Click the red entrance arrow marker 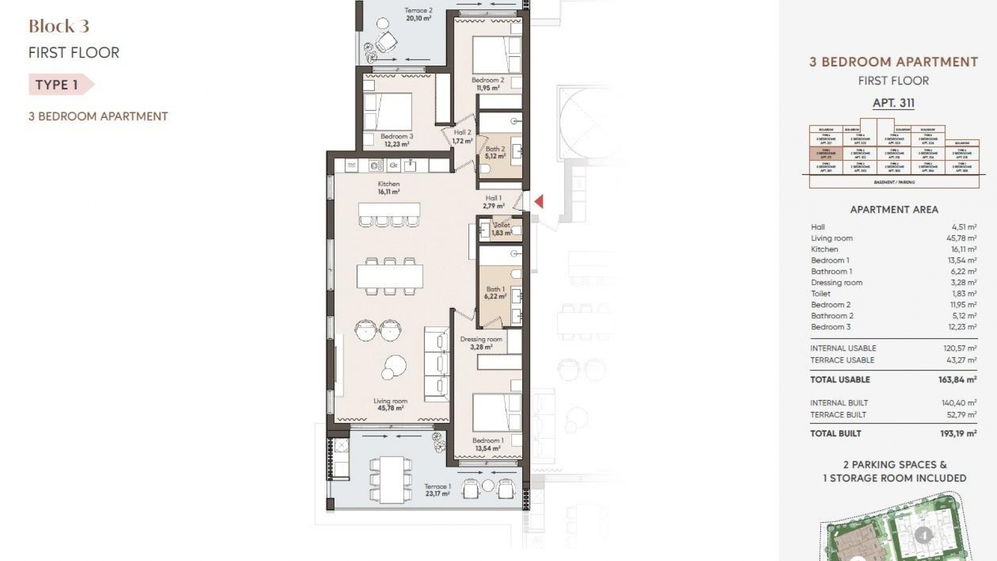tap(539, 202)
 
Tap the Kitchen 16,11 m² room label tap(388, 188)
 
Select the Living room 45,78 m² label tap(390, 405)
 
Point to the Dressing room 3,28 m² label tap(481, 343)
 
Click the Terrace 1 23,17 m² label tap(437, 490)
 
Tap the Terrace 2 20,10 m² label tap(418, 14)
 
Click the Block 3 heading tap(59, 26)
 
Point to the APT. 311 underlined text tap(893, 103)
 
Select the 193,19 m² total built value tap(958, 433)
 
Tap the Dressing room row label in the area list tap(836, 283)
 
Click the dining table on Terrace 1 tap(392, 479)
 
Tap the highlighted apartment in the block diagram tap(826, 154)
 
